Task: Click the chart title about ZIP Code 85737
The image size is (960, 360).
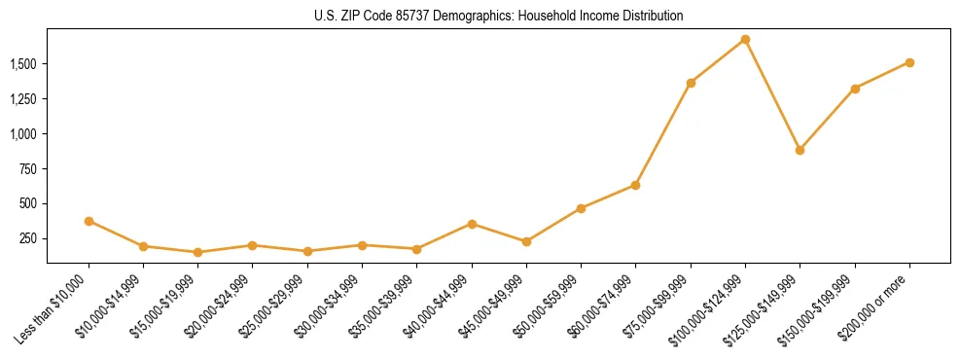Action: [x=499, y=17]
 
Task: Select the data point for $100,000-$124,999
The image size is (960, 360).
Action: [x=745, y=40]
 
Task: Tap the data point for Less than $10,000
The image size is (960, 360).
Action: [x=89, y=221]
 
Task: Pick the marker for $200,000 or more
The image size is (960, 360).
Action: [x=909, y=62]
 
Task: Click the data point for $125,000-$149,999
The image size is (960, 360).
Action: [x=800, y=150]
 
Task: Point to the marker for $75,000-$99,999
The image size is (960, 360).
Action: [x=691, y=83]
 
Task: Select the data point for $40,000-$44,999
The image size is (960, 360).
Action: [x=472, y=224]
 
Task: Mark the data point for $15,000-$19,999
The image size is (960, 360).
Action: [x=198, y=252]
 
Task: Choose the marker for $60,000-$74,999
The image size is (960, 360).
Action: [x=635, y=185]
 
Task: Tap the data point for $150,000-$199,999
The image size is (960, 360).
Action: [x=855, y=89]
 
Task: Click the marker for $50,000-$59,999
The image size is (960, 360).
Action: [x=581, y=208]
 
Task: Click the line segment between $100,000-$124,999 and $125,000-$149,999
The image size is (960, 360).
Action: [x=772, y=95]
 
